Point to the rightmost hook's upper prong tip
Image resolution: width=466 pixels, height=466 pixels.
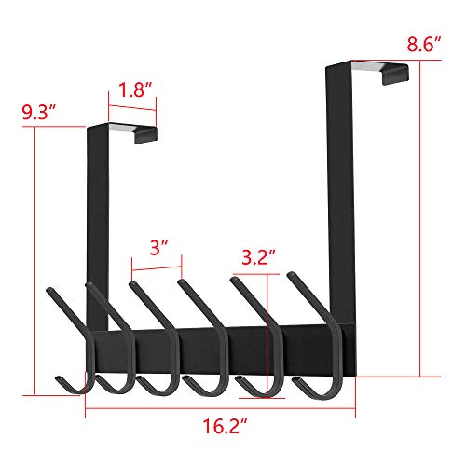click(292, 275)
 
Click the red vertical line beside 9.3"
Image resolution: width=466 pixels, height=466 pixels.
click(36, 261)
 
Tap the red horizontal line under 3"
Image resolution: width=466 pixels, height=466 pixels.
click(156, 271)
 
